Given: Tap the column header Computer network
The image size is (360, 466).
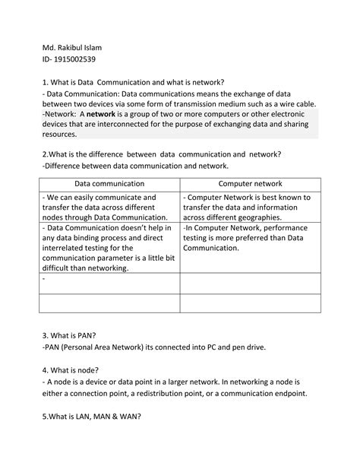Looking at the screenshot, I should pos(250,184).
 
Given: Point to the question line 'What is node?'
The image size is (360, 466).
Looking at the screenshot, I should pos(71,370).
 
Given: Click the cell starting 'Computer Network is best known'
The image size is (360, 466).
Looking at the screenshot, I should pos(250,207).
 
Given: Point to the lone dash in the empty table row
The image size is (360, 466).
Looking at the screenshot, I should pos(45,279).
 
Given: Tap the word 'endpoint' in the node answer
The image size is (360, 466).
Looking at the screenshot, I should pos(286,394).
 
